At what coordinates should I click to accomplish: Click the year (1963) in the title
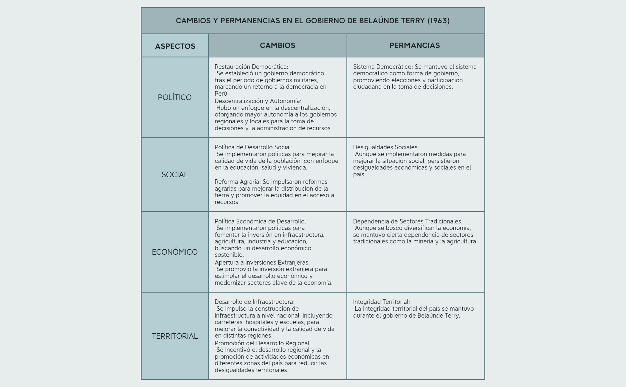[438, 21]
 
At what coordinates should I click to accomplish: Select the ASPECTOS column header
[175, 46]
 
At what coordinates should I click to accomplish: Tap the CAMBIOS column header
[278, 45]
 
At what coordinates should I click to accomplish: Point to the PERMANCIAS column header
[414, 45]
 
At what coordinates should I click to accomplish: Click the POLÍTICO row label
[175, 97]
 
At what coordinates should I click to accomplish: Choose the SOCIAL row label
[175, 175]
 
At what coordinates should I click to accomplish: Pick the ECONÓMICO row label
[175, 252]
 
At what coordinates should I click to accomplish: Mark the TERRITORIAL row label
[175, 336]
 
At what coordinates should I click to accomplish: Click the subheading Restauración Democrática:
[251, 67]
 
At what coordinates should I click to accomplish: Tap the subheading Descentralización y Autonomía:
[258, 101]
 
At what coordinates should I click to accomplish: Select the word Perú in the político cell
[221, 94]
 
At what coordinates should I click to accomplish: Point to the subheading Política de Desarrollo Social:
[253, 147]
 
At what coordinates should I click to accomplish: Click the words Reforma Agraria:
[238, 182]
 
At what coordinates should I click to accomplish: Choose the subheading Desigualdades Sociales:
[386, 147]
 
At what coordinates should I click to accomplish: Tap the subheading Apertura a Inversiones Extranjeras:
[262, 262]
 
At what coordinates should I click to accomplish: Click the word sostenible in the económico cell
[229, 255]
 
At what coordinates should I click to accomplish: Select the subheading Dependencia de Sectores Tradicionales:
[407, 221]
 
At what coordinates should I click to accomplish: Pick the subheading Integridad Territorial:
[381, 302]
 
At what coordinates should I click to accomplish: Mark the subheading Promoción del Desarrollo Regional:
[263, 343]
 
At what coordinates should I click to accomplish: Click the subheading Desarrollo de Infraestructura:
[254, 302]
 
